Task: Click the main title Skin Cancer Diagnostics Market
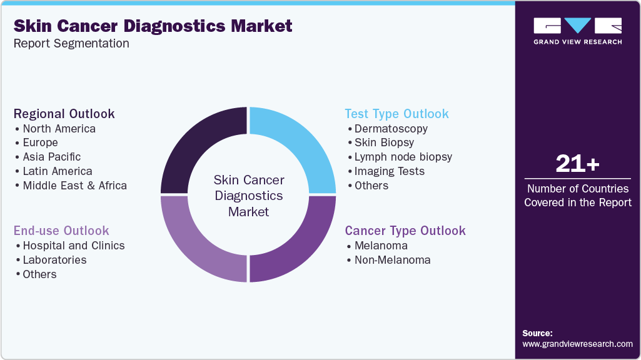coord(153,26)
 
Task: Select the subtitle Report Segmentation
coord(71,44)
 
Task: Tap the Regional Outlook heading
coord(64,114)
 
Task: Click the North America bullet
coord(59,129)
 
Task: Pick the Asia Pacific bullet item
coord(51,157)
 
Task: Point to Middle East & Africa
coord(74,186)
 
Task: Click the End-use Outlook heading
coord(61,231)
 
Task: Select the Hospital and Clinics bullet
coord(73,246)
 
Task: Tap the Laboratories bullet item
coord(54,260)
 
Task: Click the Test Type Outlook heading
coord(396,114)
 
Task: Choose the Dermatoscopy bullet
coord(391,129)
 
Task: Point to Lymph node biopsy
coord(403,157)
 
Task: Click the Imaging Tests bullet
coord(389,171)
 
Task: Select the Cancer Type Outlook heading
coord(405,231)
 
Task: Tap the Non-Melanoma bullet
coord(392,260)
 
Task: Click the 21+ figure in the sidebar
coord(577,164)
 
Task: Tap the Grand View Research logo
coord(577,30)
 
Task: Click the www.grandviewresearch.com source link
coord(577,344)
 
